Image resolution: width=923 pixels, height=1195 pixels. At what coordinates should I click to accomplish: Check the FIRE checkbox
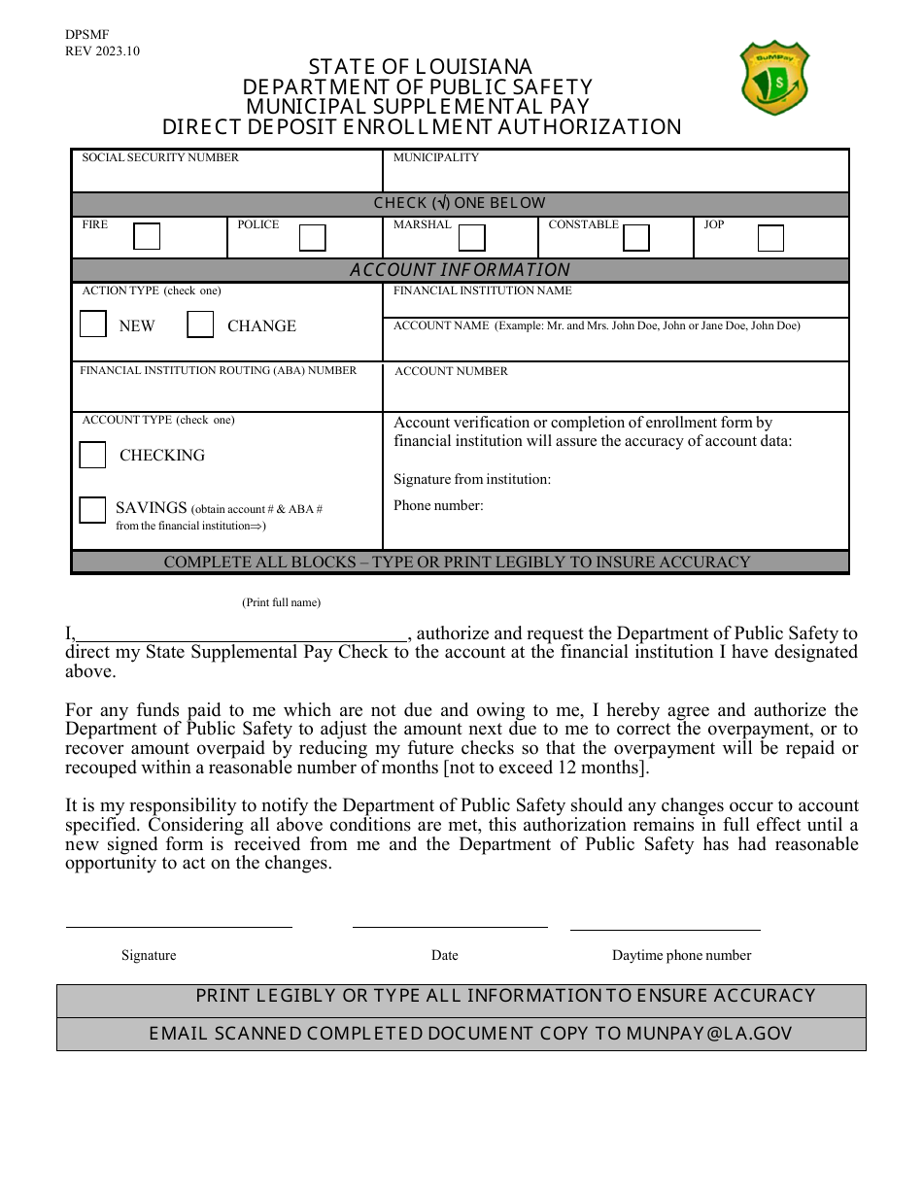(147, 237)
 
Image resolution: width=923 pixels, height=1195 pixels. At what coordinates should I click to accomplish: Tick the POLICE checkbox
(312, 238)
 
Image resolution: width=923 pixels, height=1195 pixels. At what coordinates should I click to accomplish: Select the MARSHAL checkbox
(471, 238)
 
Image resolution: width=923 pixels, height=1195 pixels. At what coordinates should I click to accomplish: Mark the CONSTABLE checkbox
(636, 238)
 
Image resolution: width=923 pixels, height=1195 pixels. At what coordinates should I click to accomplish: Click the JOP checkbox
(770, 238)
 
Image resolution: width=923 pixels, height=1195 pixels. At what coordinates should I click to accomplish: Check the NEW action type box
(93, 324)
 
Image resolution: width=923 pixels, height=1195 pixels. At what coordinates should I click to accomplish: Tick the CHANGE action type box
(200, 324)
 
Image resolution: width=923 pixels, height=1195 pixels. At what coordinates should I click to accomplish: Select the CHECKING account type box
(93, 455)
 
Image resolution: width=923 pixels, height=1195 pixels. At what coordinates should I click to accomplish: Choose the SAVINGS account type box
(93, 510)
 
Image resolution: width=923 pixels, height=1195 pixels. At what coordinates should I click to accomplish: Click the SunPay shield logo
(774, 77)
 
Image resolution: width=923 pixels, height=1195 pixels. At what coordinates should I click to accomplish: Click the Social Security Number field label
(160, 157)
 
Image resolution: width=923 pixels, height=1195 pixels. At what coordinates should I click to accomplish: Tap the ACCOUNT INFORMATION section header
(460, 270)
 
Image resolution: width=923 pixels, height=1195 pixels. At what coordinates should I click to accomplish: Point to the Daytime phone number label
(681, 955)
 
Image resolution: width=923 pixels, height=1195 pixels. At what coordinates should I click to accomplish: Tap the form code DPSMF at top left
(87, 34)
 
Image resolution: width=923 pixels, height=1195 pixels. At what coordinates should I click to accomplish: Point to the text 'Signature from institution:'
(472, 479)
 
